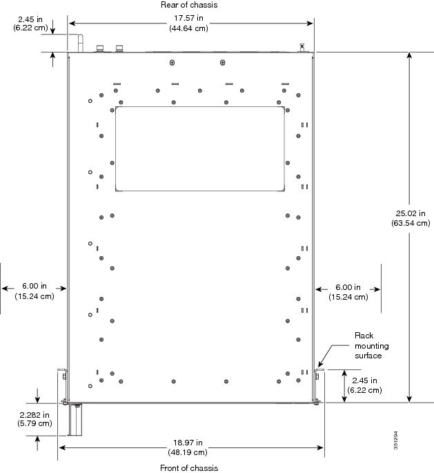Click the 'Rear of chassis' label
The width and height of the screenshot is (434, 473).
pos(189,5)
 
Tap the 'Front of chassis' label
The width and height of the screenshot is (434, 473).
pos(189,468)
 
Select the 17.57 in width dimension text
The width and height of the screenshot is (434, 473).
pos(188,18)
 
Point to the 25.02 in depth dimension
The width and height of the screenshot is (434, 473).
pos(411,213)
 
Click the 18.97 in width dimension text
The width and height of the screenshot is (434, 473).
pos(188,443)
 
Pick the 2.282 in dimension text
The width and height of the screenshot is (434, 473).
pos(34,415)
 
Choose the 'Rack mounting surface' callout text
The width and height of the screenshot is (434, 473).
pos(372,345)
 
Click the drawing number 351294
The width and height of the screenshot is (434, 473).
pos(396,440)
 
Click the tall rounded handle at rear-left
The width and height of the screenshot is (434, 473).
pos(81,44)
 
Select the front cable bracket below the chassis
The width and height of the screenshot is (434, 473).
pos(75,419)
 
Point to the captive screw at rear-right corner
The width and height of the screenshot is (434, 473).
pos(302,48)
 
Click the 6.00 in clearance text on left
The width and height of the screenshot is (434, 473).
pos(34,286)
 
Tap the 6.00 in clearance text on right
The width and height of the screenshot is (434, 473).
pos(348,287)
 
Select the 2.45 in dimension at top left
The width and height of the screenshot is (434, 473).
pos(30,19)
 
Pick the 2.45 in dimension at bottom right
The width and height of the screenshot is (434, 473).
pos(365,380)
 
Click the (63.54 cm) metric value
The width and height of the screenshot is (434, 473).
pos(411,223)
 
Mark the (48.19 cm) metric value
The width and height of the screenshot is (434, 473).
pos(188,452)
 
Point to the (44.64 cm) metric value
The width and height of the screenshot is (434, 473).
pos(188,28)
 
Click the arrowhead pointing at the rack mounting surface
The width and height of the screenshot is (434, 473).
pos(321,363)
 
